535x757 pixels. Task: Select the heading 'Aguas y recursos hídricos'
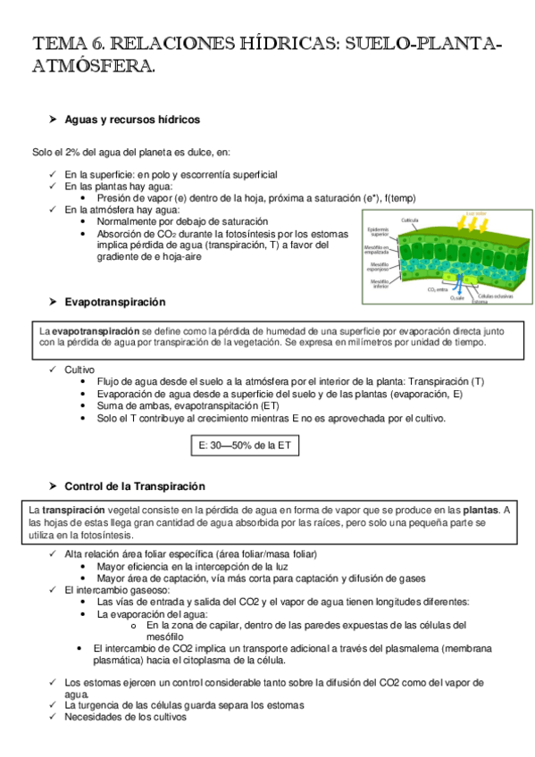(132, 119)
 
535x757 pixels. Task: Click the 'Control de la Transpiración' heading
(135, 487)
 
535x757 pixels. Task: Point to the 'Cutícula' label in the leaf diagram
(410, 219)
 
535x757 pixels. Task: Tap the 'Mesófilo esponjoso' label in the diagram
(377, 267)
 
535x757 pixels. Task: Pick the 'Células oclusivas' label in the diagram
(495, 295)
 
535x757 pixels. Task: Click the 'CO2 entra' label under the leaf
(438, 289)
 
